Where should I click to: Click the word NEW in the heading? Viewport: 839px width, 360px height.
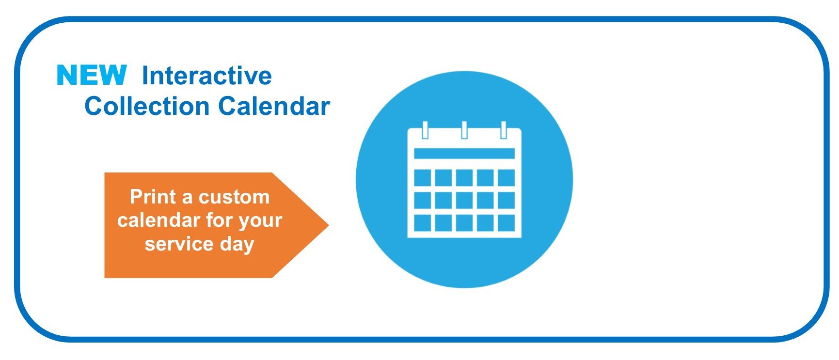coord(92,75)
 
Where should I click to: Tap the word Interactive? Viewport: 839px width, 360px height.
coord(207,76)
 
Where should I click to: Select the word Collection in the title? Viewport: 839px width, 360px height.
coord(147,106)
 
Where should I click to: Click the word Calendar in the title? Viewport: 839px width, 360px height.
coord(274,106)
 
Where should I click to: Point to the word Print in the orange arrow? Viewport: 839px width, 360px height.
coord(153,197)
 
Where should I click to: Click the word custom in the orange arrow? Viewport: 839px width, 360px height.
coord(234,197)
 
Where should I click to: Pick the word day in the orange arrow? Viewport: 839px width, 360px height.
coord(237,245)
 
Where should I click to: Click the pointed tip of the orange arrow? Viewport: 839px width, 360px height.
coord(329,225)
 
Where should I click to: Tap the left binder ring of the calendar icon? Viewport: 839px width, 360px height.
coord(426,130)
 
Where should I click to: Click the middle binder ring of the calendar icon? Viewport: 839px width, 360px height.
coord(464,130)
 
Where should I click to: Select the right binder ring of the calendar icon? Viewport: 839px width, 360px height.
coord(504,130)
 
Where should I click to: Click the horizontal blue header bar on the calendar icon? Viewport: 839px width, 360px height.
coord(464,154)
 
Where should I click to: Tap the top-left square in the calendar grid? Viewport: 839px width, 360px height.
coord(423,178)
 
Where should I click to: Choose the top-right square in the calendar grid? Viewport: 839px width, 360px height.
coord(507,178)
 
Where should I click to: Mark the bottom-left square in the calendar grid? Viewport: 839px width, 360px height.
coord(423,223)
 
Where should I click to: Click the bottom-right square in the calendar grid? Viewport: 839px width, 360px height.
coord(507,223)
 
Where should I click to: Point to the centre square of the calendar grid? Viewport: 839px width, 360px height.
coord(464,200)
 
